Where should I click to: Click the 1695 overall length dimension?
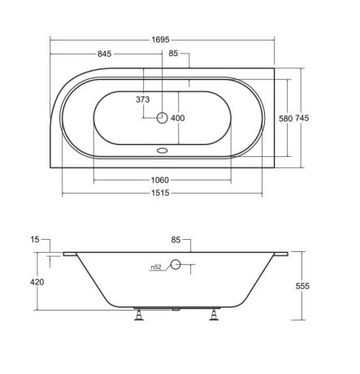click(x=160, y=40)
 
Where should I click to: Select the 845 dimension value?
click(x=104, y=54)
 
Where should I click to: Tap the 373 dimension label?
click(x=143, y=99)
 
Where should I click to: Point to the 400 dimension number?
click(x=178, y=118)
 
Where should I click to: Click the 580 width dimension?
click(x=286, y=119)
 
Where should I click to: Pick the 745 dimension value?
click(x=301, y=118)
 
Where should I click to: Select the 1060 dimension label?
click(x=160, y=180)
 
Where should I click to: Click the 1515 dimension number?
click(x=160, y=193)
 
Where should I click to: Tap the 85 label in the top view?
click(x=173, y=54)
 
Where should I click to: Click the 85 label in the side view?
click(x=176, y=240)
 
